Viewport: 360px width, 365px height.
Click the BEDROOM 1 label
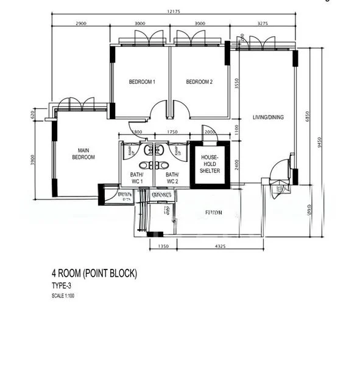coord(142,82)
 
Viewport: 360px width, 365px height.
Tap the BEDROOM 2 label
coord(199,82)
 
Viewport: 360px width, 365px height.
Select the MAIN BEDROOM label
coord(83,153)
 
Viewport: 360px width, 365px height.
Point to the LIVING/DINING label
coord(269,117)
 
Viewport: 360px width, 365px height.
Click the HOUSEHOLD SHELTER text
coord(210,164)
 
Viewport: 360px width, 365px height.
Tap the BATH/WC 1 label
coord(136,178)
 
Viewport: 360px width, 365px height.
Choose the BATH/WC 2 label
coord(172,178)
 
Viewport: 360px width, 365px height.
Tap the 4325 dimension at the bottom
coord(221,246)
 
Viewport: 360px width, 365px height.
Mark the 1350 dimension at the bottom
coord(163,246)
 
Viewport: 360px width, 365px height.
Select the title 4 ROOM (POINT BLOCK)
coord(94,273)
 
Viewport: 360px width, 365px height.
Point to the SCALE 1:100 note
coord(64,296)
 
